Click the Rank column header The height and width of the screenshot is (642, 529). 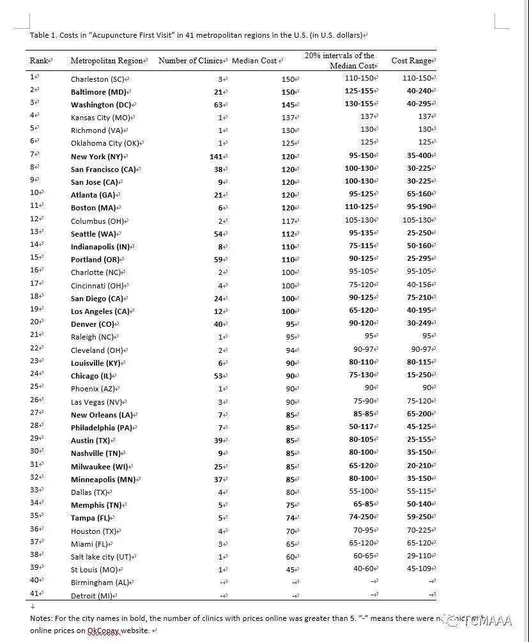[x=40, y=61]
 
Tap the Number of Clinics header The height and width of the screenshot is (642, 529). [x=190, y=61]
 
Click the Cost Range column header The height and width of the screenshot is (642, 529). [x=411, y=61]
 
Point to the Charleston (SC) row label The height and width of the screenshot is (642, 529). [x=98, y=79]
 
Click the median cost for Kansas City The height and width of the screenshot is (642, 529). [x=288, y=118]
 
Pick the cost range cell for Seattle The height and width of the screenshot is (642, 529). [x=419, y=233]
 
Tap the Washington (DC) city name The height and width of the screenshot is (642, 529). [x=101, y=105]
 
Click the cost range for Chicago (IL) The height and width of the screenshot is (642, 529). [x=419, y=375]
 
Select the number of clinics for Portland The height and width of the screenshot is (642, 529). [x=217, y=260]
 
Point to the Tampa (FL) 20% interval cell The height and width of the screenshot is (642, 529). [x=362, y=517]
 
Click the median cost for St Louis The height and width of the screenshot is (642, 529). [x=291, y=569]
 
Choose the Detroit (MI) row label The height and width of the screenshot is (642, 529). [x=91, y=595]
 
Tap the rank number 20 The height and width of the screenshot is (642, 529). [x=34, y=322]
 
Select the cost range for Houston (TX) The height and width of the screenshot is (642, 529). [x=419, y=530]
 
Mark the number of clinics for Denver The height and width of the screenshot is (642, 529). [x=217, y=324]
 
